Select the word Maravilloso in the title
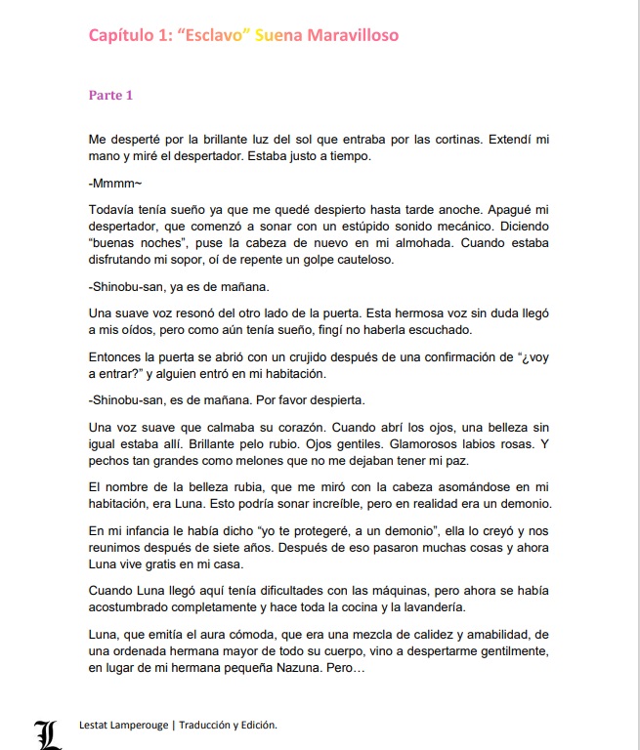click(353, 36)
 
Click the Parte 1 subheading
click(110, 96)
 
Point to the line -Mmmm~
click(108, 183)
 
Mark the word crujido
click(305, 357)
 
